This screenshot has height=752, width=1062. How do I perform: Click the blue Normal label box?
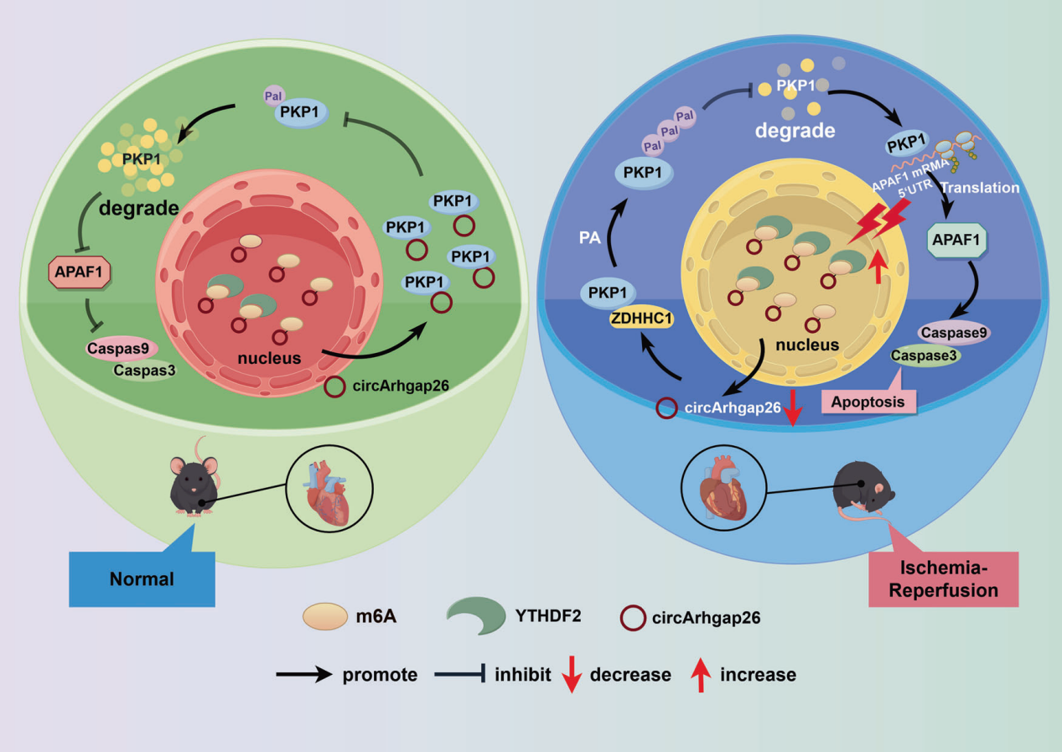tap(142, 578)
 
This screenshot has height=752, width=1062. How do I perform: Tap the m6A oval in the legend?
tap(325, 619)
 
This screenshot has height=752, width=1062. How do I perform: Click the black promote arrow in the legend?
tap(304, 674)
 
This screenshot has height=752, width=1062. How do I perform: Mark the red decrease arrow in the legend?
tap(570, 674)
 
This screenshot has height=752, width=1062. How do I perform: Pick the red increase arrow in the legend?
tap(702, 673)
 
